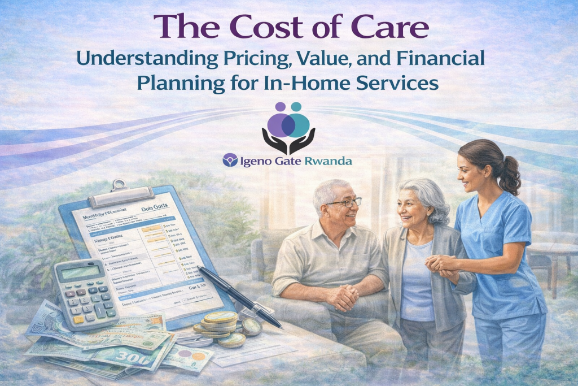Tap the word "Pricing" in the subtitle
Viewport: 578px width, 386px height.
(257, 59)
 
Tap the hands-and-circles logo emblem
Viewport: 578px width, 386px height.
(288, 128)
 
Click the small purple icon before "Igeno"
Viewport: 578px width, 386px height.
(229, 161)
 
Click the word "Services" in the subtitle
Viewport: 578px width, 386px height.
(401, 83)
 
